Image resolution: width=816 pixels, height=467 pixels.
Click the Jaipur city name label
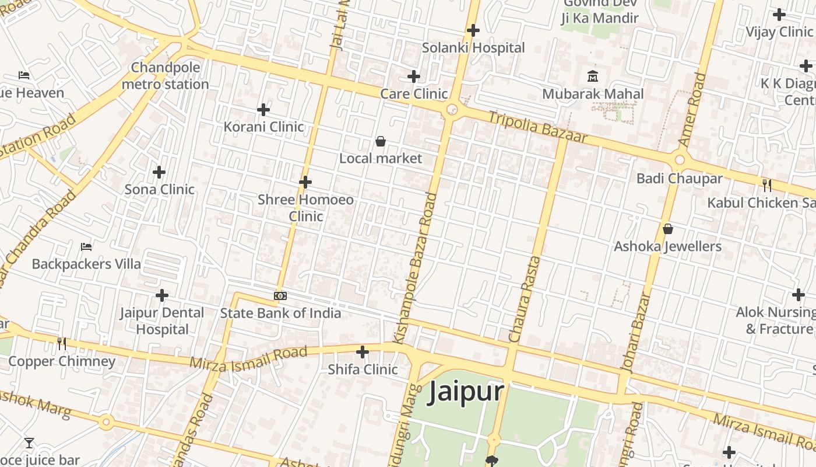pyautogui.click(x=466, y=392)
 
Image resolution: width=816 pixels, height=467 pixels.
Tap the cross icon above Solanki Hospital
pyautogui.click(x=473, y=30)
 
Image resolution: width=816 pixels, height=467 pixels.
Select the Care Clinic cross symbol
pyautogui.click(x=414, y=76)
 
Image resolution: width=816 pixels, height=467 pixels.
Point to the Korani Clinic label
pyautogui.click(x=263, y=127)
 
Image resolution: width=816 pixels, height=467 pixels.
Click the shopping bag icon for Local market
pyautogui.click(x=381, y=141)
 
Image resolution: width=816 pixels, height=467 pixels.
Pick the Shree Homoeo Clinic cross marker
pyautogui.click(x=305, y=182)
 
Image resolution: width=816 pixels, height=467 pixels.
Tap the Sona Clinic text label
pyautogui.click(x=159, y=189)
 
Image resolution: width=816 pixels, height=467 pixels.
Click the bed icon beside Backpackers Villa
pyautogui.click(x=86, y=246)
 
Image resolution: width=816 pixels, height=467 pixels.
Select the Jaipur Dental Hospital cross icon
pyautogui.click(x=162, y=295)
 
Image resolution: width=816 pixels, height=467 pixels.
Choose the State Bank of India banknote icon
pyautogui.click(x=280, y=296)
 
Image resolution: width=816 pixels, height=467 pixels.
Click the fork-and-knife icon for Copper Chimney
pyautogui.click(x=62, y=344)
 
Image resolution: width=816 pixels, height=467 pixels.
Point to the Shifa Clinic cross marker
pyautogui.click(x=363, y=352)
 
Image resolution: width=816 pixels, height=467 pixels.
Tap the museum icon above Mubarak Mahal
pyautogui.click(x=593, y=76)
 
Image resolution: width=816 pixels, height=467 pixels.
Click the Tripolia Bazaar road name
pyautogui.click(x=537, y=127)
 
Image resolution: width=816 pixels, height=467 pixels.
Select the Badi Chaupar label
pyautogui.click(x=679, y=179)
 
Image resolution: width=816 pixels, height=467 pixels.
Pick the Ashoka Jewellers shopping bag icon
pyautogui.click(x=668, y=229)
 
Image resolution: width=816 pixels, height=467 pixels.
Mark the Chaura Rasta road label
pyautogui.click(x=526, y=299)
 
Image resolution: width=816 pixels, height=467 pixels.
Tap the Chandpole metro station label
pyautogui.click(x=165, y=76)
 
